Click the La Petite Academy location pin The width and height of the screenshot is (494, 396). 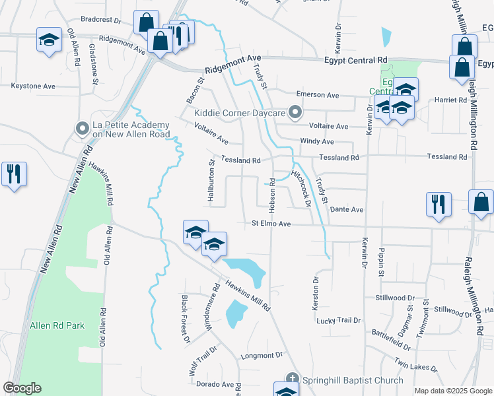83,127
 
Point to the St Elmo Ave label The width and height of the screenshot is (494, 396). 271,224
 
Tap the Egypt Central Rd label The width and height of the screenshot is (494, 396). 355,60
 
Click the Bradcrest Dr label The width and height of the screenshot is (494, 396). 101,20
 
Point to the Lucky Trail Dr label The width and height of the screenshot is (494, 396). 339,320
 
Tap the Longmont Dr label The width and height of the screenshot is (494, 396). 263,355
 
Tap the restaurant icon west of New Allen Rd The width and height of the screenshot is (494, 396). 14,174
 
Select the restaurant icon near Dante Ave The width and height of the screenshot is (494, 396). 438,204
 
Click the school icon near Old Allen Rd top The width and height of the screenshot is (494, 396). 49,40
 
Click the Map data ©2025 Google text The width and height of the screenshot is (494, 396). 453,391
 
